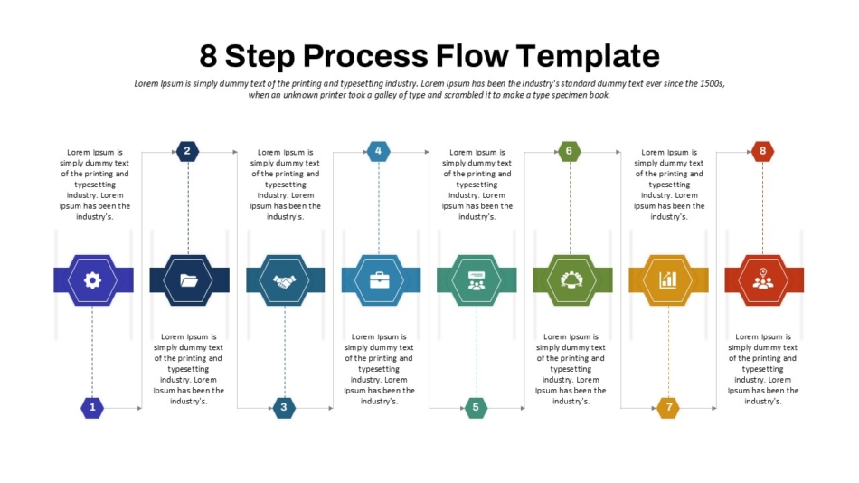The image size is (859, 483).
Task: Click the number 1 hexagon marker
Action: tap(92, 407)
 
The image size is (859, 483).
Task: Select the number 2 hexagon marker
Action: tap(187, 151)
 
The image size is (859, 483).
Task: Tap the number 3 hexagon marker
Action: tap(284, 407)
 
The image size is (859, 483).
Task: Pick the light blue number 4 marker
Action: tap(378, 151)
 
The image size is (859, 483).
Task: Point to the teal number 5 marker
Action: tap(476, 407)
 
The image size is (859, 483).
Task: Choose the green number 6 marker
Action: tap(569, 151)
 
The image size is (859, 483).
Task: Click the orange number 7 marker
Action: tap(668, 407)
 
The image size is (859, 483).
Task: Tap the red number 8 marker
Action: tap(762, 151)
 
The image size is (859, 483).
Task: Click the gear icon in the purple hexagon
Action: tap(92, 280)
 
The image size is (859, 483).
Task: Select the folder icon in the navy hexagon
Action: tap(189, 280)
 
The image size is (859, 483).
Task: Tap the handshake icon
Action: tap(284, 281)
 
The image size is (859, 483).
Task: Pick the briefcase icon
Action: tap(379, 280)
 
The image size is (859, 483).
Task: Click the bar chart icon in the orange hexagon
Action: tap(668, 280)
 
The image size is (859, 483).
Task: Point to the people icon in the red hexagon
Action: tap(762, 279)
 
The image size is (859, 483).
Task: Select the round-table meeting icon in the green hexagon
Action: tap(571, 279)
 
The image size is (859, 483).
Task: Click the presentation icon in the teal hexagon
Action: tap(476, 280)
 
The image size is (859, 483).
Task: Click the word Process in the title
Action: tap(365, 55)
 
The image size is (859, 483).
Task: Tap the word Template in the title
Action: tap(588, 56)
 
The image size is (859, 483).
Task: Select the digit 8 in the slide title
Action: tap(208, 56)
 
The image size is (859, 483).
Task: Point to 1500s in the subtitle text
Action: tap(712, 84)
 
